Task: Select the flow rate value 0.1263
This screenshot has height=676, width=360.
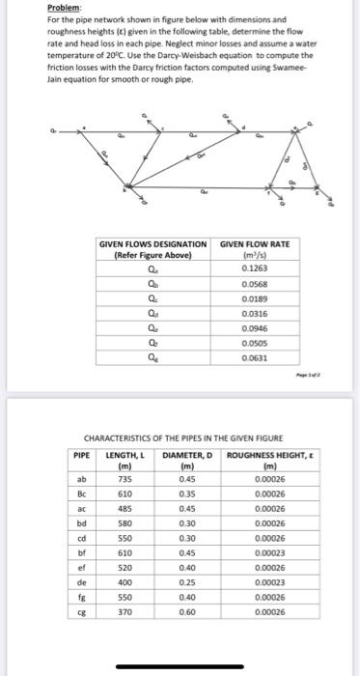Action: click(x=255, y=269)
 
